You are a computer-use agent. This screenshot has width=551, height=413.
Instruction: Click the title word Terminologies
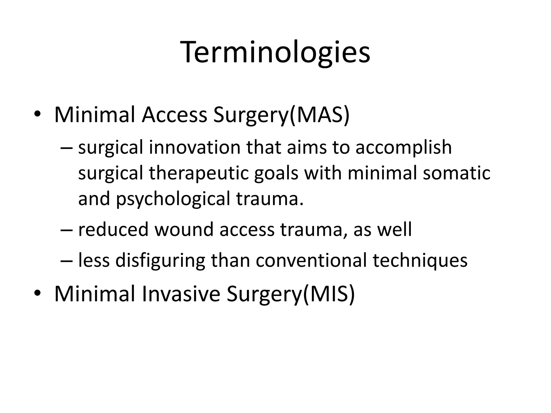pos(276,52)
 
